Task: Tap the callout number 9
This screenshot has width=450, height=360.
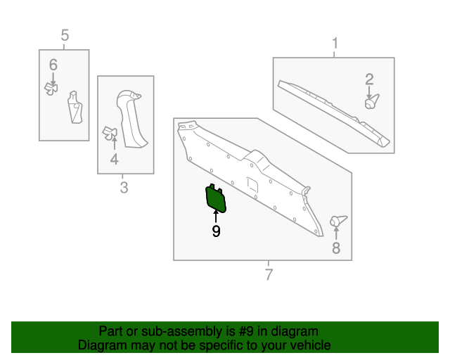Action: click(216, 231)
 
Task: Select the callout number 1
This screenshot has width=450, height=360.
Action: click(335, 44)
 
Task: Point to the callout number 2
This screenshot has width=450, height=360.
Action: click(369, 79)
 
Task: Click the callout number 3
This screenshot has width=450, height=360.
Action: click(124, 187)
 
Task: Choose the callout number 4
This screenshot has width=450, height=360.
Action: click(114, 160)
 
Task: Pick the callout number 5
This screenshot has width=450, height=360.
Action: click(65, 34)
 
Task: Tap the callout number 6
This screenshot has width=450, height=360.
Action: click(53, 65)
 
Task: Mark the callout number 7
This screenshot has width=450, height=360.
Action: click(268, 274)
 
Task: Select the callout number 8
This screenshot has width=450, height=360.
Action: click(336, 247)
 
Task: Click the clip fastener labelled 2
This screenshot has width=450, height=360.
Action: click(371, 102)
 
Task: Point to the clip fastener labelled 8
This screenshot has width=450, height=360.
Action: click(338, 221)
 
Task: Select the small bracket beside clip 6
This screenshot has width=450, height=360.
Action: click(75, 108)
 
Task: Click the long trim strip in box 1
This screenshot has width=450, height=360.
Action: click(334, 112)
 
